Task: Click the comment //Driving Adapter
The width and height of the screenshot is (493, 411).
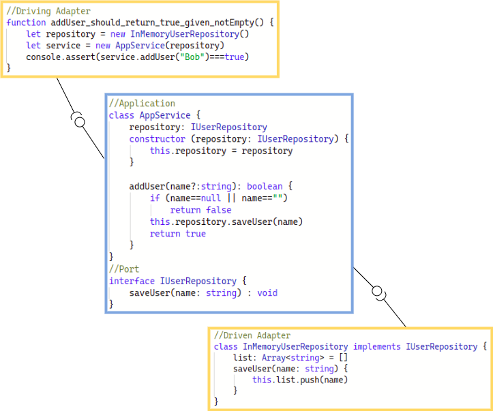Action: click(x=48, y=12)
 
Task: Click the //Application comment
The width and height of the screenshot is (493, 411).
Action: click(x=142, y=104)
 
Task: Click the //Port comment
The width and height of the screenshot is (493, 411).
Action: click(x=124, y=269)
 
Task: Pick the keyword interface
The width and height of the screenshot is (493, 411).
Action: click(x=132, y=281)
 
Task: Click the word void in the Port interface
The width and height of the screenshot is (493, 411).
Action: click(x=267, y=293)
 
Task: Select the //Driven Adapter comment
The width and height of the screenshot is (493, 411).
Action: click(x=252, y=335)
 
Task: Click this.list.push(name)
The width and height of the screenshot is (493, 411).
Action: click(x=300, y=380)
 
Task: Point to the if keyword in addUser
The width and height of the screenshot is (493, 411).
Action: click(x=155, y=198)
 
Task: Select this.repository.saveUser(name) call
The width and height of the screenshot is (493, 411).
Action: click(x=226, y=222)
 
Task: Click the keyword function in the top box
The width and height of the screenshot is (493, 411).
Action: click(x=26, y=22)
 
